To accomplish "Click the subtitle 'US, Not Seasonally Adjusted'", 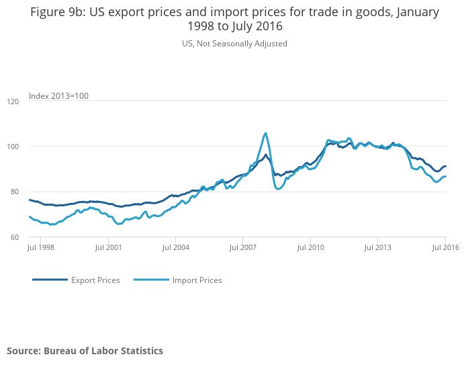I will pyautogui.click(x=234, y=44).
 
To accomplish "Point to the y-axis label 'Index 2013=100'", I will pyautogui.click(x=58, y=96).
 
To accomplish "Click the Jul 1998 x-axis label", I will pyautogui.click(x=40, y=248).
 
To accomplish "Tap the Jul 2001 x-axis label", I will pyautogui.click(x=108, y=248).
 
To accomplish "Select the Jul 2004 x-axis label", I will pyautogui.click(x=175, y=248).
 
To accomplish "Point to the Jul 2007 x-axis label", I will pyautogui.click(x=243, y=248).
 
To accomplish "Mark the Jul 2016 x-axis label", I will pyautogui.click(x=445, y=248).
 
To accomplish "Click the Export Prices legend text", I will pyautogui.click(x=95, y=280).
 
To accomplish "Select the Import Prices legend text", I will pyautogui.click(x=197, y=280).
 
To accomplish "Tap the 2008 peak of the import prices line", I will pyautogui.click(x=265, y=133).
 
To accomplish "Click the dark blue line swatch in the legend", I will pyautogui.click(x=50, y=280).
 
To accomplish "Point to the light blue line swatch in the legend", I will pyautogui.click(x=151, y=280).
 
